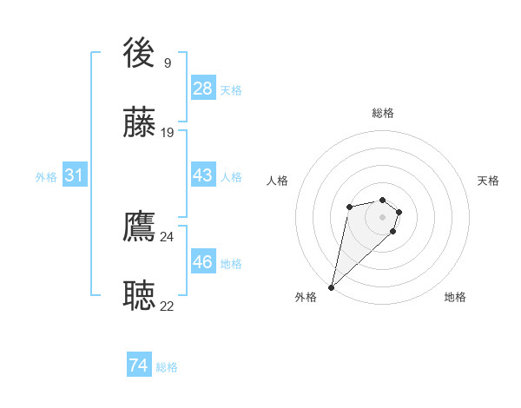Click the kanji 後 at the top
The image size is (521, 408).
[x=140, y=54]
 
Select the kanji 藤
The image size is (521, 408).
[x=140, y=123]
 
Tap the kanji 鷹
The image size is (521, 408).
[x=140, y=227]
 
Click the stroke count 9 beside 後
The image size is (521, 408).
[x=167, y=63]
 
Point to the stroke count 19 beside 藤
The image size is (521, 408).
[x=167, y=132]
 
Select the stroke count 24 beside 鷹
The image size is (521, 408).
[x=167, y=236]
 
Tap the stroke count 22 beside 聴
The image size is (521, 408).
[x=167, y=306]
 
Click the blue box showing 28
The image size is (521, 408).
[x=203, y=89]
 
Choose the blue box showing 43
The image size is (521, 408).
[x=203, y=175]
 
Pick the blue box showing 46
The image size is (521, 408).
[x=203, y=262]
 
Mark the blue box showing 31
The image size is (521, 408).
[x=75, y=175]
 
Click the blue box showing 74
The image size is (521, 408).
[x=139, y=366]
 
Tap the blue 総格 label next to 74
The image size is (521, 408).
[x=167, y=367]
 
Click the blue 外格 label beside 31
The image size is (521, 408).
[x=46, y=176]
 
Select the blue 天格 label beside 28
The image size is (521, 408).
[x=231, y=89]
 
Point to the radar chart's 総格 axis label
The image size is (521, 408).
[x=383, y=113]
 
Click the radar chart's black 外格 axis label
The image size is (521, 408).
[x=306, y=298]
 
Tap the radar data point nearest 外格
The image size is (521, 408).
[x=332, y=286]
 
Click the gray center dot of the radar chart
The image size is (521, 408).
[x=383, y=216]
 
